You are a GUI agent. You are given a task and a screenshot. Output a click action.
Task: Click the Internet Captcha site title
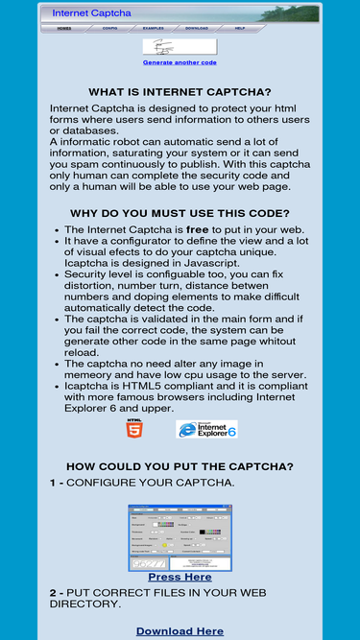[91, 13]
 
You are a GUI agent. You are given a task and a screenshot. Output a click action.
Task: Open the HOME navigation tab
[64, 29]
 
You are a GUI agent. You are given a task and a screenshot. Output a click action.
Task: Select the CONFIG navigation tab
[110, 29]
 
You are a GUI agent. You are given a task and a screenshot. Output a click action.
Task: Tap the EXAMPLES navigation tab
[154, 29]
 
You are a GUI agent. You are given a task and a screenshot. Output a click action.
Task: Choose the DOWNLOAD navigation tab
[196, 29]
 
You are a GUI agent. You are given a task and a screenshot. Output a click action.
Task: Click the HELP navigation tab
[240, 29]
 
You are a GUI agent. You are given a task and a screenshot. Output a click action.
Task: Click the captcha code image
[180, 47]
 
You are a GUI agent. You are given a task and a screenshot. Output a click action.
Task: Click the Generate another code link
[180, 62]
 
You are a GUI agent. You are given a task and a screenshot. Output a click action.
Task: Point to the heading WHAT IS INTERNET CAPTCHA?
[180, 92]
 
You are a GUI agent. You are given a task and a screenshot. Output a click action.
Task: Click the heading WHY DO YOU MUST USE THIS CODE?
[180, 213]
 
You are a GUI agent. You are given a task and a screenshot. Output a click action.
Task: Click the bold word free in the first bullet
[197, 230]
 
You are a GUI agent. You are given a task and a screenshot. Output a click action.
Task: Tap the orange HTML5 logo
[134, 428]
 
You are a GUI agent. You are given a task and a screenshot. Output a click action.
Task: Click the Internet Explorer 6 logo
[206, 429]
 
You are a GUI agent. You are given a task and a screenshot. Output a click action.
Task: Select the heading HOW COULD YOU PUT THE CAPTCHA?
[180, 466]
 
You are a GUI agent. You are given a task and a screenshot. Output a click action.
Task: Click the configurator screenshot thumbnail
[180, 537]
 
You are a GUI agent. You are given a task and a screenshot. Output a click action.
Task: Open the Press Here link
[180, 578]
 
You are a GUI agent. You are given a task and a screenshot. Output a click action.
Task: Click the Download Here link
[180, 631]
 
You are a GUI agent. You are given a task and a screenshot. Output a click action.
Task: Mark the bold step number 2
[53, 593]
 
